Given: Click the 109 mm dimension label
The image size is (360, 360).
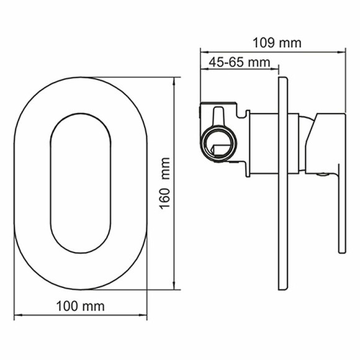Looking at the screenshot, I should [x=277, y=43].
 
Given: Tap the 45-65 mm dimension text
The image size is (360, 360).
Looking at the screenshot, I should [x=240, y=62].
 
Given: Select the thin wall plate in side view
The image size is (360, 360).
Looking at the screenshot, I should [x=283, y=186].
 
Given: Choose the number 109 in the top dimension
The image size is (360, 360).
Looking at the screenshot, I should [x=264, y=43].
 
